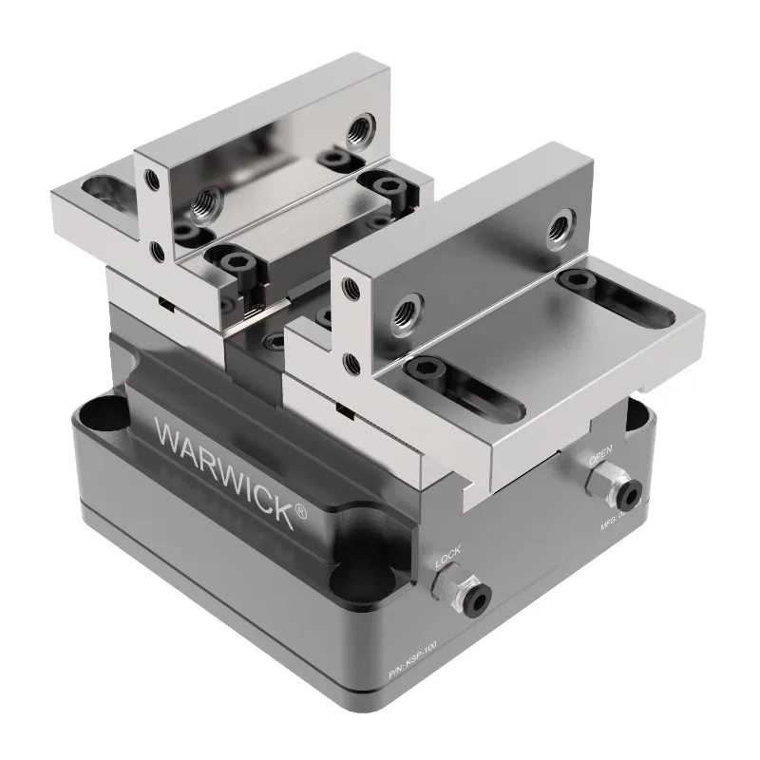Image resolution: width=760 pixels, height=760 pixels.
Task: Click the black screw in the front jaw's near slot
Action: pyautogui.click(x=423, y=369)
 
